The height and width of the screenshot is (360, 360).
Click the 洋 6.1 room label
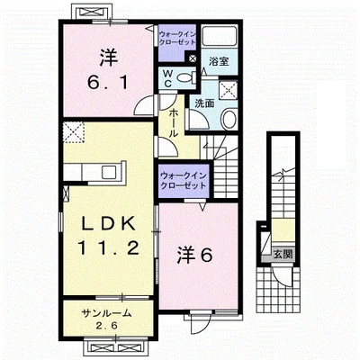pos(109,69)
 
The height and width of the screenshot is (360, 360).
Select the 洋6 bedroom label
pos(195,255)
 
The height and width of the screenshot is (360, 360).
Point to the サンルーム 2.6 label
pos(107,319)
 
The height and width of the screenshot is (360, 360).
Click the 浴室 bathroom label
pos(219,61)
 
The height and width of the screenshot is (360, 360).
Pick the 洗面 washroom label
pos(204,103)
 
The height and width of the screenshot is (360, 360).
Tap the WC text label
pos(168,78)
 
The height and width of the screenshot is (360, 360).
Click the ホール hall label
pos(173,123)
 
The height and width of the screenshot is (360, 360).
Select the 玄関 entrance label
pos(283,255)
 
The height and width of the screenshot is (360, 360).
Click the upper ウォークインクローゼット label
pos(177,38)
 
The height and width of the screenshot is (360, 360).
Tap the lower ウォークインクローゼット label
pos(184,180)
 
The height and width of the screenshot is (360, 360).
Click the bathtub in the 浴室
pos(219,37)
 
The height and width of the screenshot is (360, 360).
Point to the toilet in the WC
pos(186,78)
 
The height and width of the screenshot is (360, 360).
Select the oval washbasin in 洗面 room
pos(229,120)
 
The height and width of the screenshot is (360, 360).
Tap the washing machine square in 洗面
pos(228,90)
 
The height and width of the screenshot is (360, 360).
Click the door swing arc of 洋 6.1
pos(141,106)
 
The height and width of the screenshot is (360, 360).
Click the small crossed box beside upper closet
pos(193,58)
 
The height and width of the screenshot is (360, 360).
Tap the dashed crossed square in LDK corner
pos(74,132)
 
